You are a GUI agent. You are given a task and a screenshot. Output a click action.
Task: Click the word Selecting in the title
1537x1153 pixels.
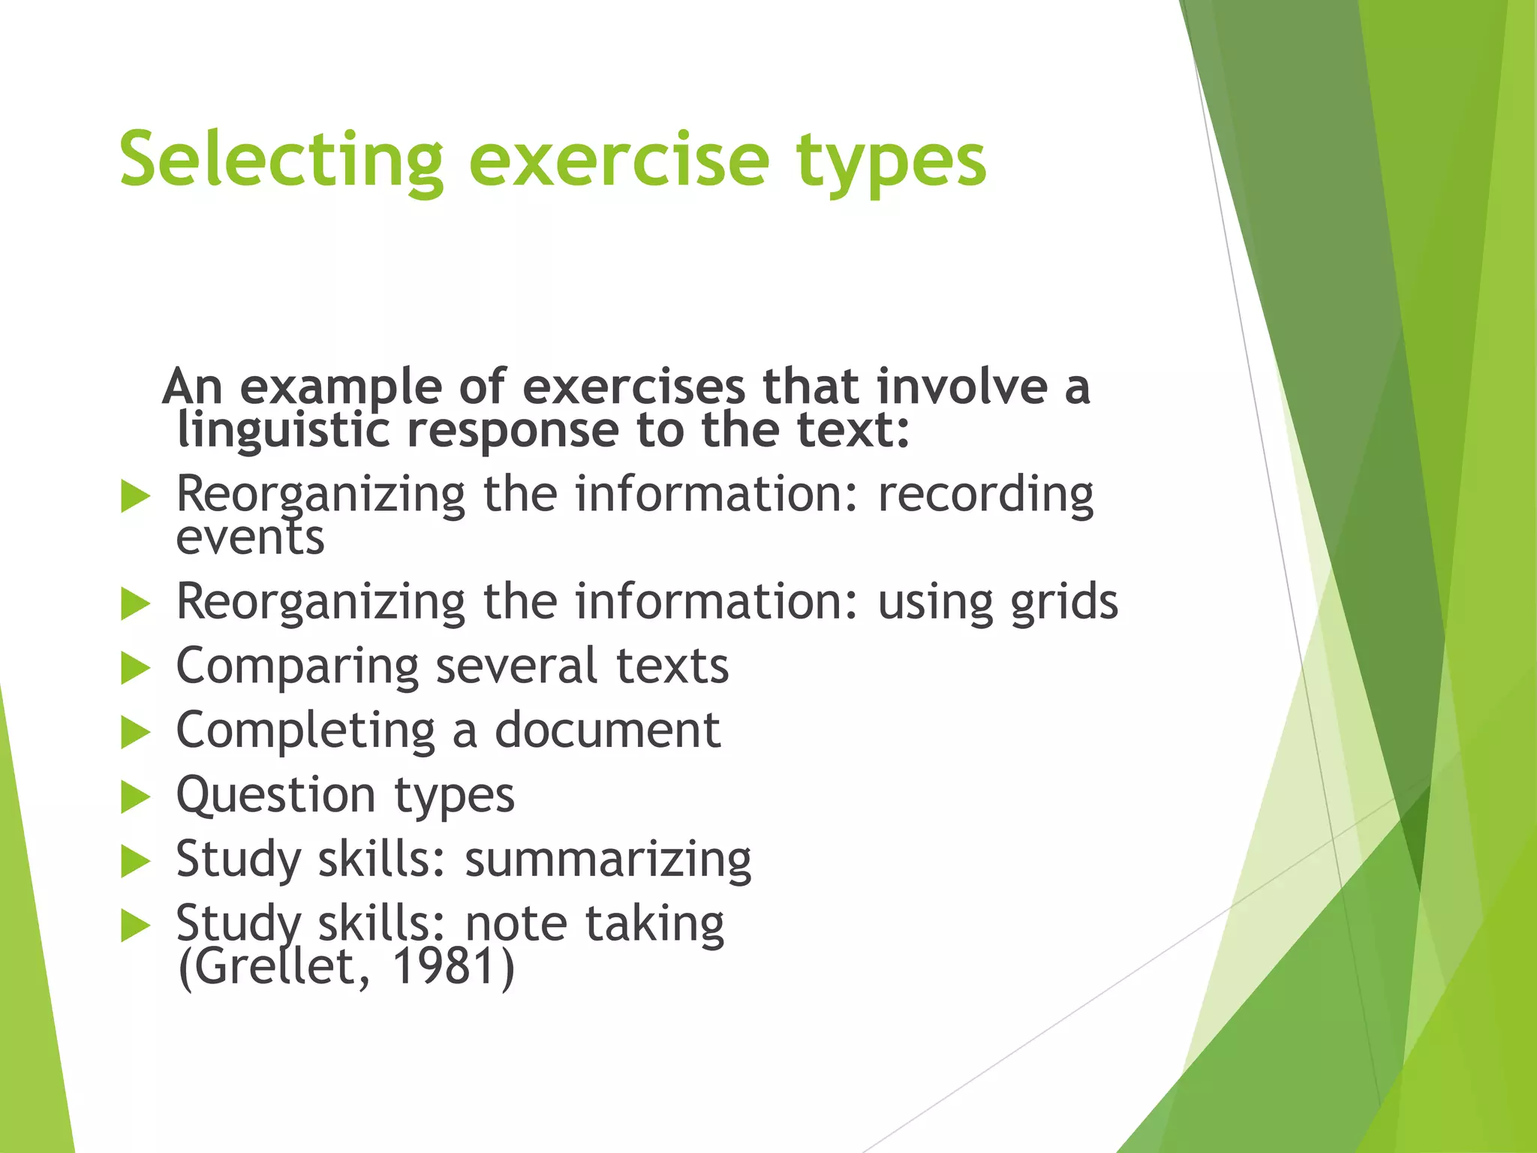pyautogui.click(x=281, y=160)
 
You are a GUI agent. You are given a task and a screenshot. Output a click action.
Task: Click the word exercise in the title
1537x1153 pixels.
pyautogui.click(x=619, y=160)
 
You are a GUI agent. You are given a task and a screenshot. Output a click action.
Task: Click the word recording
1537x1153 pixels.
pyautogui.click(x=985, y=495)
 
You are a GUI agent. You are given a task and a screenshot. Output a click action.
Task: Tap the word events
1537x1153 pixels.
pyautogui.click(x=250, y=537)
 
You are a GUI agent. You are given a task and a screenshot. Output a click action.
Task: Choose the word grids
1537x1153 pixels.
pyautogui.click(x=1063, y=603)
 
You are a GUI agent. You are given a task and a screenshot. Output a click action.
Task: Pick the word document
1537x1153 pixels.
pyautogui.click(x=607, y=730)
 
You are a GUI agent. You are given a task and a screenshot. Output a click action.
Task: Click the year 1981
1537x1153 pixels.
pyautogui.click(x=444, y=966)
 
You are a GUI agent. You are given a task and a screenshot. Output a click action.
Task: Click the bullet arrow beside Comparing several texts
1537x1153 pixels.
pyautogui.click(x=135, y=668)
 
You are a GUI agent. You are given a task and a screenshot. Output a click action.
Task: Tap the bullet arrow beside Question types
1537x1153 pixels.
pyautogui.click(x=135, y=797)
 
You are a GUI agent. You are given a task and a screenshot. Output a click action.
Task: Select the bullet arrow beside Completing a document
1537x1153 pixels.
pyautogui.click(x=135, y=733)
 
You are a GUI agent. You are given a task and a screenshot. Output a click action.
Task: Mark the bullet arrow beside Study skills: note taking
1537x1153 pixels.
pyautogui.click(x=135, y=926)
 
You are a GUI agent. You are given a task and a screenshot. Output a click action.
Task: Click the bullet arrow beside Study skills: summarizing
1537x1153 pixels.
pyautogui.click(x=135, y=861)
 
